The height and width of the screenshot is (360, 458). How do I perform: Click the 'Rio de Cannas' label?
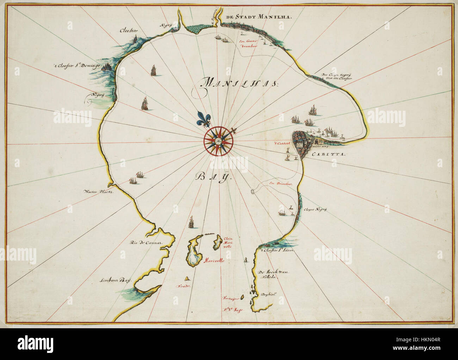(145, 243)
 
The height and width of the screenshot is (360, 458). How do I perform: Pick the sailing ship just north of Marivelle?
(191, 222)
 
